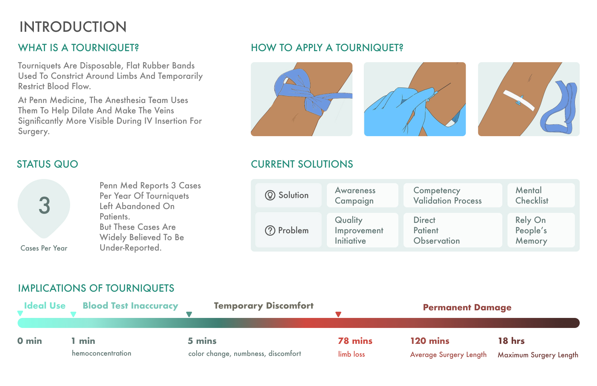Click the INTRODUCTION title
pos(73,27)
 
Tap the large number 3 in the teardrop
pos(44,206)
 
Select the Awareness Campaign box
pos(362,195)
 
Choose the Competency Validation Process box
pos(452,195)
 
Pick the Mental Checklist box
pos(541,195)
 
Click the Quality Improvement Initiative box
pos(362,230)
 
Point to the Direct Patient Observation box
pos(452,230)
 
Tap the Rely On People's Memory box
pos(541,230)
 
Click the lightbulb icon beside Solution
pos(270,195)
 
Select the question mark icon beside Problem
pos(270,230)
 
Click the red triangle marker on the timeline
pos(338,314)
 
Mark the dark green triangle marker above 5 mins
pos(189,314)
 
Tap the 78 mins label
pos(355,341)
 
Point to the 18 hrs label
pos(511,341)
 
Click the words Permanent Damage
pos(467,308)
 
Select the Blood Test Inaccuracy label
pos(130,306)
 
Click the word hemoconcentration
pos(102,354)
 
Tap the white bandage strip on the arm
pos(519,101)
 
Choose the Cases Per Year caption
pos(44,248)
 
